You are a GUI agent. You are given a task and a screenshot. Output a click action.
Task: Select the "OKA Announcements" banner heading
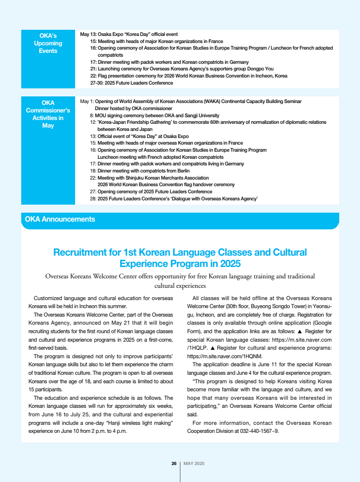coord(60,219)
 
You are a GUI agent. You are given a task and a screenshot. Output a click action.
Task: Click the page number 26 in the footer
coord(174,464)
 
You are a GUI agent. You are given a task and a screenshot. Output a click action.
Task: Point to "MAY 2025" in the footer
coord(194,464)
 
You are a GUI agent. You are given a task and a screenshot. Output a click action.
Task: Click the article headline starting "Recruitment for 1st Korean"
coord(180,258)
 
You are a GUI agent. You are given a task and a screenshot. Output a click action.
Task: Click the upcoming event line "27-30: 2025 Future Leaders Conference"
coord(131,83)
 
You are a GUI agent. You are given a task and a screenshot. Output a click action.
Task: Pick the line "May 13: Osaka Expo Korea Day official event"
coord(129,34)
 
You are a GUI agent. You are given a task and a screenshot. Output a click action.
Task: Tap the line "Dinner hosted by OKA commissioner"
coord(134,108)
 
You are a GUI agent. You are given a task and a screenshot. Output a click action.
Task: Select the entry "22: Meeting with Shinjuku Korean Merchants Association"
coord(149,178)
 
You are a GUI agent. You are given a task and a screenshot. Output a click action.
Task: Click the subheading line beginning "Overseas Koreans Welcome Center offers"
coord(180,276)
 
